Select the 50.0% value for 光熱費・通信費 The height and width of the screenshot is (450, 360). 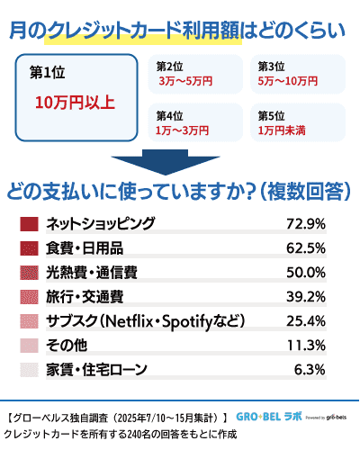pyautogui.click(x=305, y=272)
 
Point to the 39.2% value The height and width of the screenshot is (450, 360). pyautogui.click(x=305, y=296)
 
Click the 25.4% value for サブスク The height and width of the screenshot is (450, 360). pyautogui.click(x=305, y=320)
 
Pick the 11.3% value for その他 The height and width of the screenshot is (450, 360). pyautogui.click(x=305, y=345)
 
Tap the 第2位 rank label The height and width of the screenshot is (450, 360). pyautogui.click(x=170, y=67)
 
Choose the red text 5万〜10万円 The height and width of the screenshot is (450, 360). pyautogui.click(x=287, y=81)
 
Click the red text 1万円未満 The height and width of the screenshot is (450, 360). pyautogui.click(x=283, y=130)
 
